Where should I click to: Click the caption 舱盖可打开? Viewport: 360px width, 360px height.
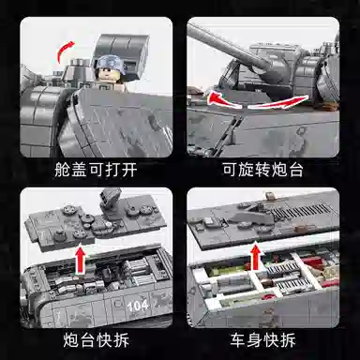click(x=96, y=170)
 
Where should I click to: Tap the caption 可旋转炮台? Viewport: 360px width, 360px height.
click(x=262, y=170)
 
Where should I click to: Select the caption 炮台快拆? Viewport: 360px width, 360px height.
click(x=96, y=339)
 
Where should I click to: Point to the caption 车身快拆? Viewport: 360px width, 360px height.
click(x=262, y=339)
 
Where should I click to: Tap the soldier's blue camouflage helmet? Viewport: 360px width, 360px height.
click(x=110, y=63)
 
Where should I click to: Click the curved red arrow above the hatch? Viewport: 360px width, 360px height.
click(x=64, y=51)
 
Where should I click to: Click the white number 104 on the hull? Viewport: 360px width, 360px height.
click(x=138, y=306)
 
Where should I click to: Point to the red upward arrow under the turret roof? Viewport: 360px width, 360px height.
click(x=81, y=261)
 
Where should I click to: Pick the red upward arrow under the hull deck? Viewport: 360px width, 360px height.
click(x=256, y=257)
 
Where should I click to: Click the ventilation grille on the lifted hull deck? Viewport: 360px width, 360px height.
click(x=300, y=211)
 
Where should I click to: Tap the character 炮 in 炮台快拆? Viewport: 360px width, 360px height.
click(x=70, y=339)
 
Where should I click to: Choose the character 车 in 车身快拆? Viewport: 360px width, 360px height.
click(x=238, y=339)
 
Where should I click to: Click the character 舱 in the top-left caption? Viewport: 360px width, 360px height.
click(x=62, y=170)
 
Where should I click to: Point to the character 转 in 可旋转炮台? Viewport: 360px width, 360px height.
click(x=262, y=170)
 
